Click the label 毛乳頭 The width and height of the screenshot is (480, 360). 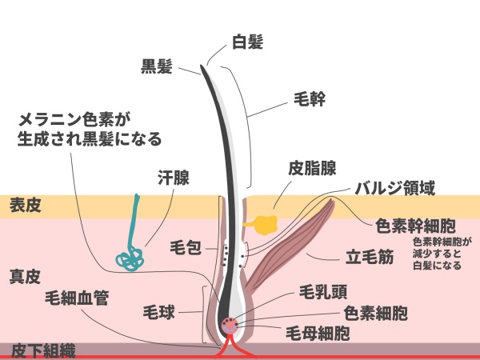click(x=322, y=290)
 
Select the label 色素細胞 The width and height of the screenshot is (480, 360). click(x=375, y=310)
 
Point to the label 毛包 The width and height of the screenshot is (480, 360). click(x=186, y=249)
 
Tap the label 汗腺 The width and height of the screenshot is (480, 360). click(x=173, y=178)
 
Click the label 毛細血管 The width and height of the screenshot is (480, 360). click(x=77, y=298)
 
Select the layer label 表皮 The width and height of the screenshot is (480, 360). click(x=25, y=206)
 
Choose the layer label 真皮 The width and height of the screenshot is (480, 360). click(x=25, y=277)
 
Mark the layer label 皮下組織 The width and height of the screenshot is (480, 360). click(x=43, y=349)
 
